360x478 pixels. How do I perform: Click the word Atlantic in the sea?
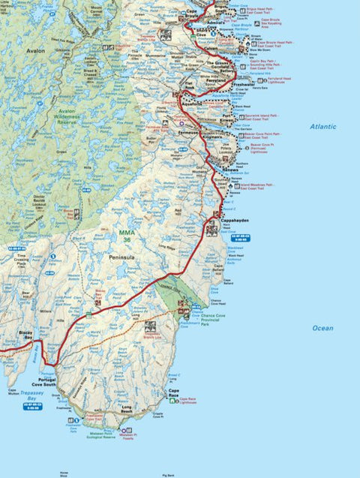point(324,127)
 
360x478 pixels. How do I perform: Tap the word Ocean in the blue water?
point(323,328)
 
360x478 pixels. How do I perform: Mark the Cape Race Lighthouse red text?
point(189,400)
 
